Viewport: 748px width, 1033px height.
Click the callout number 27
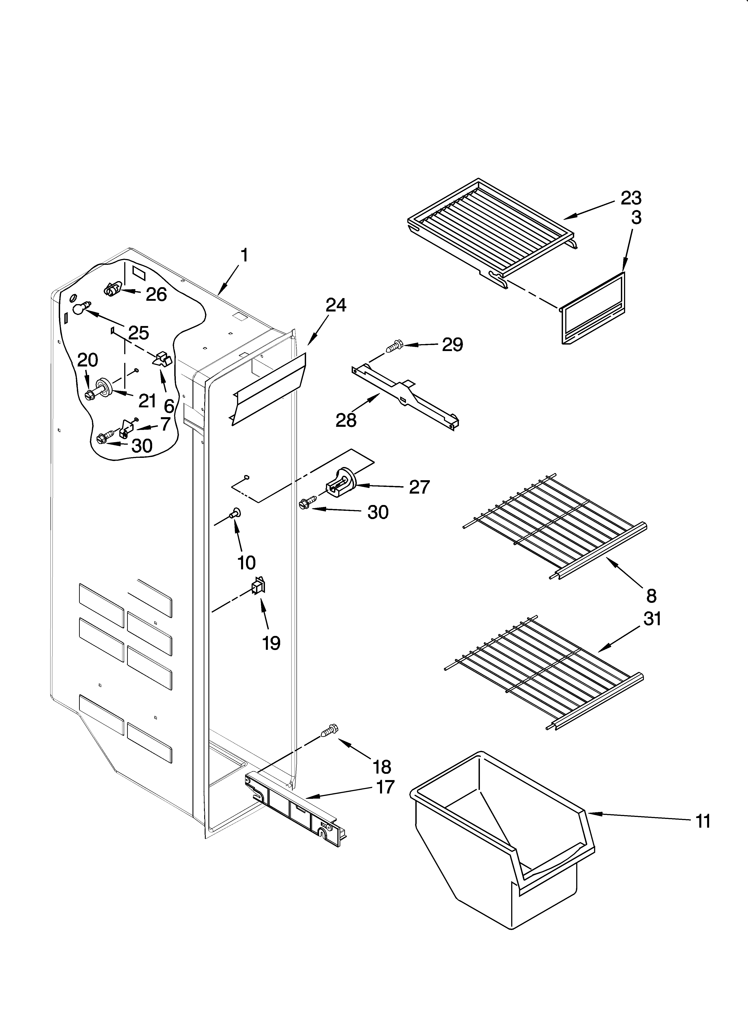[419, 487]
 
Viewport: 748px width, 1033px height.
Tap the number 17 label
[385, 787]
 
